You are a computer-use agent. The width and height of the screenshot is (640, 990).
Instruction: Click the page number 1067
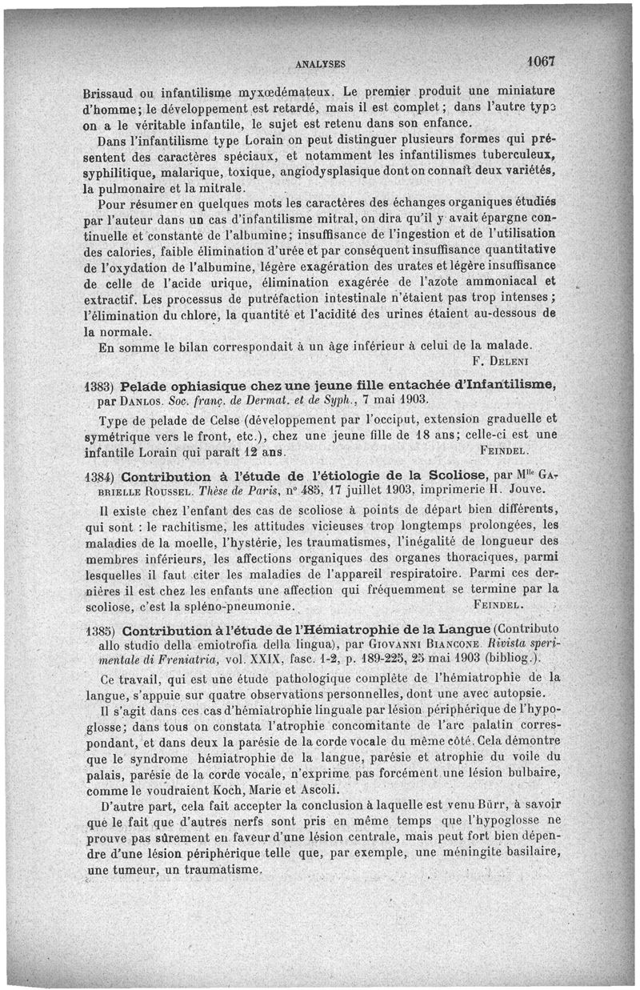[541, 61]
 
